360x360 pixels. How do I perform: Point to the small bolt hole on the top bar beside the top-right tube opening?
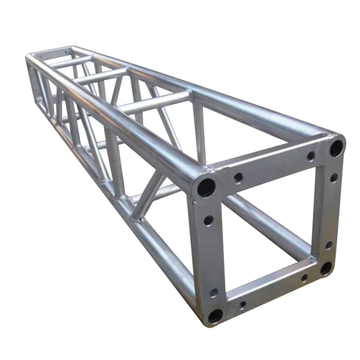tap(311, 156)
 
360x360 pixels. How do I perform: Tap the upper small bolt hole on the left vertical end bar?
tap(208, 220)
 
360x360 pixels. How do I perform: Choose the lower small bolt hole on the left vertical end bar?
tap(214, 292)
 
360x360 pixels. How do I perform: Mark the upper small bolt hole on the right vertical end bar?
tap(333, 178)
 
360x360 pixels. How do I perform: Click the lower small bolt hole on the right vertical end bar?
tap(328, 245)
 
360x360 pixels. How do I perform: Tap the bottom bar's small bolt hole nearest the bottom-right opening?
tap(304, 278)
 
